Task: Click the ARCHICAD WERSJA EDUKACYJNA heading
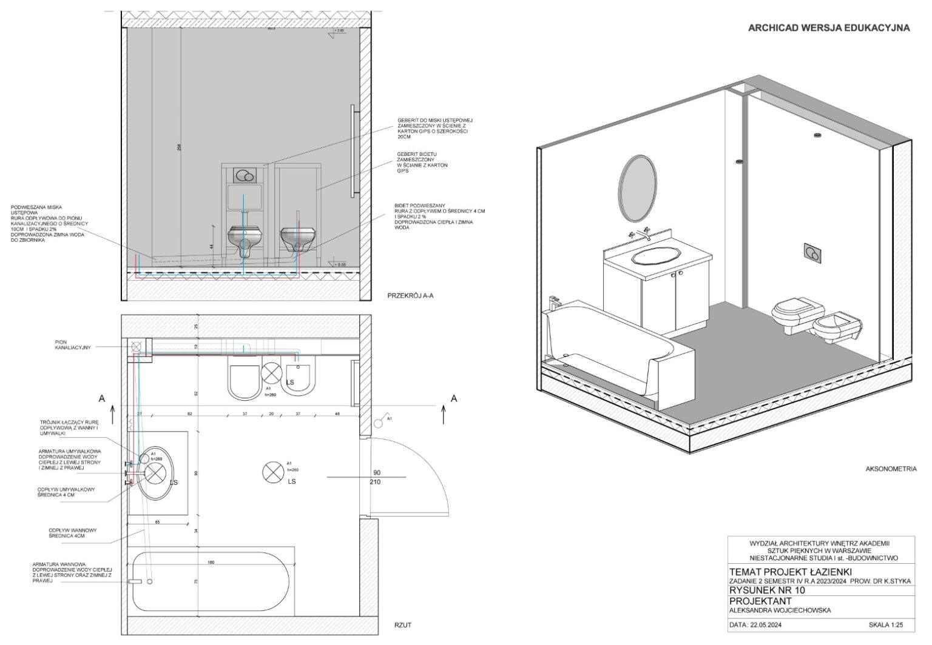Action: [828, 28]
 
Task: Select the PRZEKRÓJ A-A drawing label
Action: [410, 296]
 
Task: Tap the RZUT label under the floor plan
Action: [402, 625]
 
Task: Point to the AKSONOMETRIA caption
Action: [891, 469]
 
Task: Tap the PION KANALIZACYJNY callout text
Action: [73, 344]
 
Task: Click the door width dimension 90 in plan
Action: [377, 472]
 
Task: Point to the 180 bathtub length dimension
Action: [211, 563]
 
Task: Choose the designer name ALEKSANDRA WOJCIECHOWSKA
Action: [780, 610]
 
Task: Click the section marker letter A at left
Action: [102, 398]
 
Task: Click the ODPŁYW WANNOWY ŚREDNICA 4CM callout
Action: [72, 533]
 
